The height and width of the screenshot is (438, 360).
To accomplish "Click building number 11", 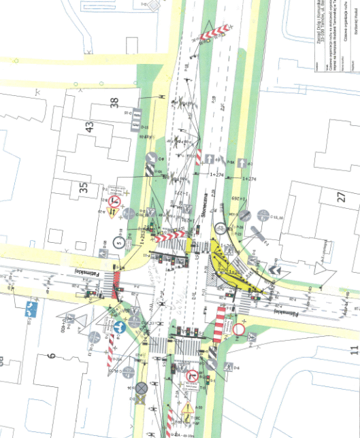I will (353, 351).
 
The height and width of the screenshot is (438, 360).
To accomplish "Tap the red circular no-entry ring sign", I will (239, 329).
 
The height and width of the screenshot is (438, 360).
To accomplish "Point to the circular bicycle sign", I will (221, 229).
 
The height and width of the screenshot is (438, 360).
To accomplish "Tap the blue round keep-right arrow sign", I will (118, 326).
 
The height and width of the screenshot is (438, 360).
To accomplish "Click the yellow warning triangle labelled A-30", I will (187, 409).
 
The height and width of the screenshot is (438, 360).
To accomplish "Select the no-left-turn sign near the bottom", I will (192, 375).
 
